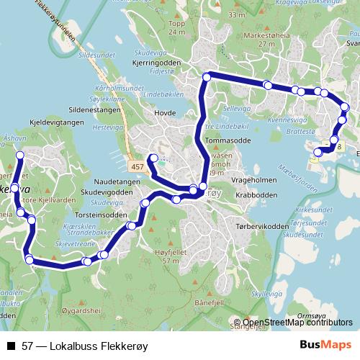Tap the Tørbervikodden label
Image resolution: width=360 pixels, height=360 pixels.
[x=255, y=225]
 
